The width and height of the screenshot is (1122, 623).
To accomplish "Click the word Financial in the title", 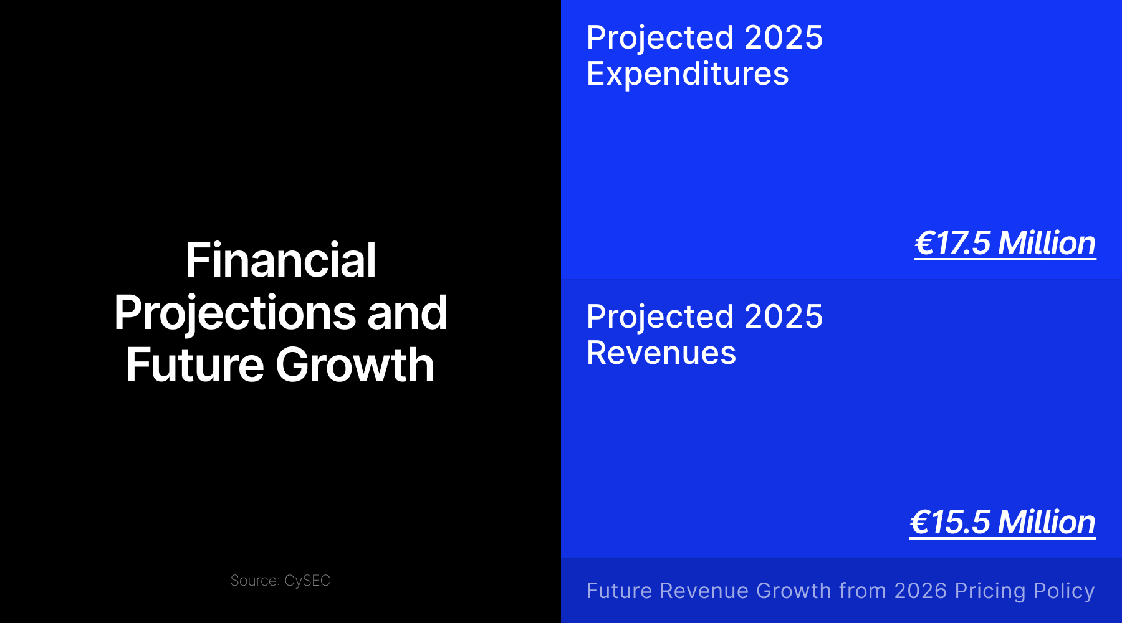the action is tap(281, 260).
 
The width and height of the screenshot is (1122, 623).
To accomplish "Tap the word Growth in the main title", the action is tap(355, 365).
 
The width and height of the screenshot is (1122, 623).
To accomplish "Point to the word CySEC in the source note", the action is tap(307, 581).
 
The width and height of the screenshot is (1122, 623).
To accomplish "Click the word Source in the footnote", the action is tap(255, 581).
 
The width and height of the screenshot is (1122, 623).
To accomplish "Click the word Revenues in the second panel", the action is tap(661, 353).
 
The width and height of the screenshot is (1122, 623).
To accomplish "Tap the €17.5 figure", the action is tap(952, 243).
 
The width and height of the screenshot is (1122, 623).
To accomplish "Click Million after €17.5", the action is tap(1047, 243).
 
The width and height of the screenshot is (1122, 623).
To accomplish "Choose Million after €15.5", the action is tap(1047, 522).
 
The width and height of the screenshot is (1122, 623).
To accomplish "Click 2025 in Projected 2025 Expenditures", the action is tap(784, 38).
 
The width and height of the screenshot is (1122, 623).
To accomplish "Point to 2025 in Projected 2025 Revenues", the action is tap(784, 317).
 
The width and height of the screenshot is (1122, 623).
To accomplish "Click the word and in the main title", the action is tap(407, 313).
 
